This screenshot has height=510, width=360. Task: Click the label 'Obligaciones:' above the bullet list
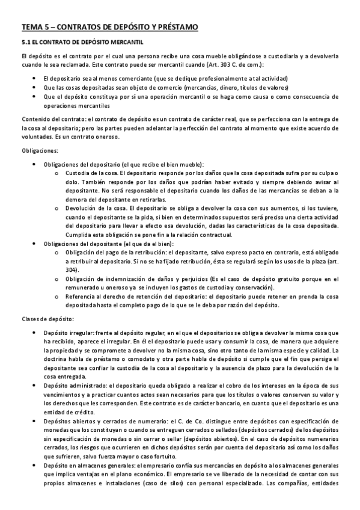click(39, 150)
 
